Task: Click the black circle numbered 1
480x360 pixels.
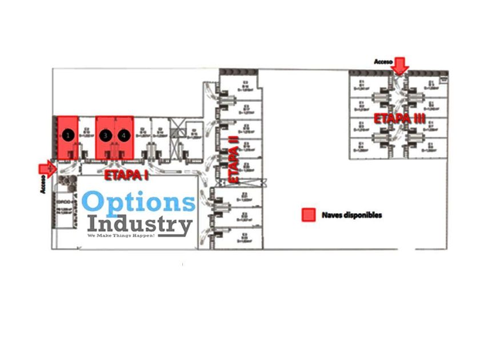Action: (x=69, y=135)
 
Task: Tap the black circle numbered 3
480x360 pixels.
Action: (x=105, y=135)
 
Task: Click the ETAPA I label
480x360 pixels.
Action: (x=126, y=174)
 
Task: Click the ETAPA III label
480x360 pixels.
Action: (x=400, y=119)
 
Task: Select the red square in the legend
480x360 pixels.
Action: (x=309, y=214)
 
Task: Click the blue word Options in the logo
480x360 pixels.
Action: (x=139, y=203)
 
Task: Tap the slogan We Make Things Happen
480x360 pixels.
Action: (x=121, y=235)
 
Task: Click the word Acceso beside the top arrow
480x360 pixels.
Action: (x=383, y=61)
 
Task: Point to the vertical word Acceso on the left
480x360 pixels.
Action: (x=43, y=185)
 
